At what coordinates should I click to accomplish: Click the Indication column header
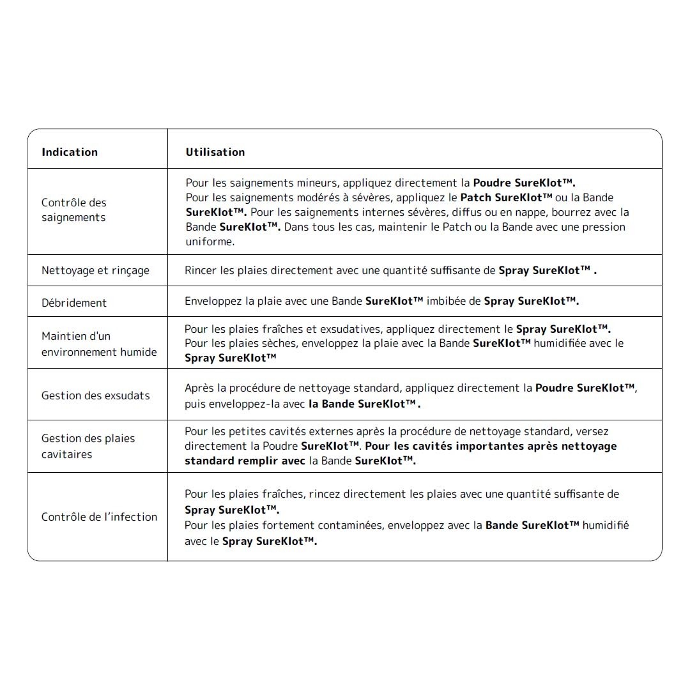[x=70, y=152]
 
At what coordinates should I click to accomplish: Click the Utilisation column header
[x=215, y=152]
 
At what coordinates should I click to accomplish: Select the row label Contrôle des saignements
[x=74, y=210]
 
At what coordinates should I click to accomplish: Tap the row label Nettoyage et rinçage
[x=95, y=270]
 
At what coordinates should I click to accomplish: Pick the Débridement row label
[x=74, y=303]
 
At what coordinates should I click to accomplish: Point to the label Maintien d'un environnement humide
[x=99, y=344]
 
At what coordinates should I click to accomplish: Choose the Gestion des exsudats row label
[x=96, y=395]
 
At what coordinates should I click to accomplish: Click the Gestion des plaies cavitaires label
[x=88, y=446]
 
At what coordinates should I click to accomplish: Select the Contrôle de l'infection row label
[x=99, y=517]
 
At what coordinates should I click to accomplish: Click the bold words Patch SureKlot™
[x=506, y=197]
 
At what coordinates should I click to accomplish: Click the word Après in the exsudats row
[x=200, y=388]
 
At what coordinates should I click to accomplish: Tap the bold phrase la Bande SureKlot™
[x=364, y=404]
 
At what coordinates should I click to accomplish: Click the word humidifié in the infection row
[x=606, y=525]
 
